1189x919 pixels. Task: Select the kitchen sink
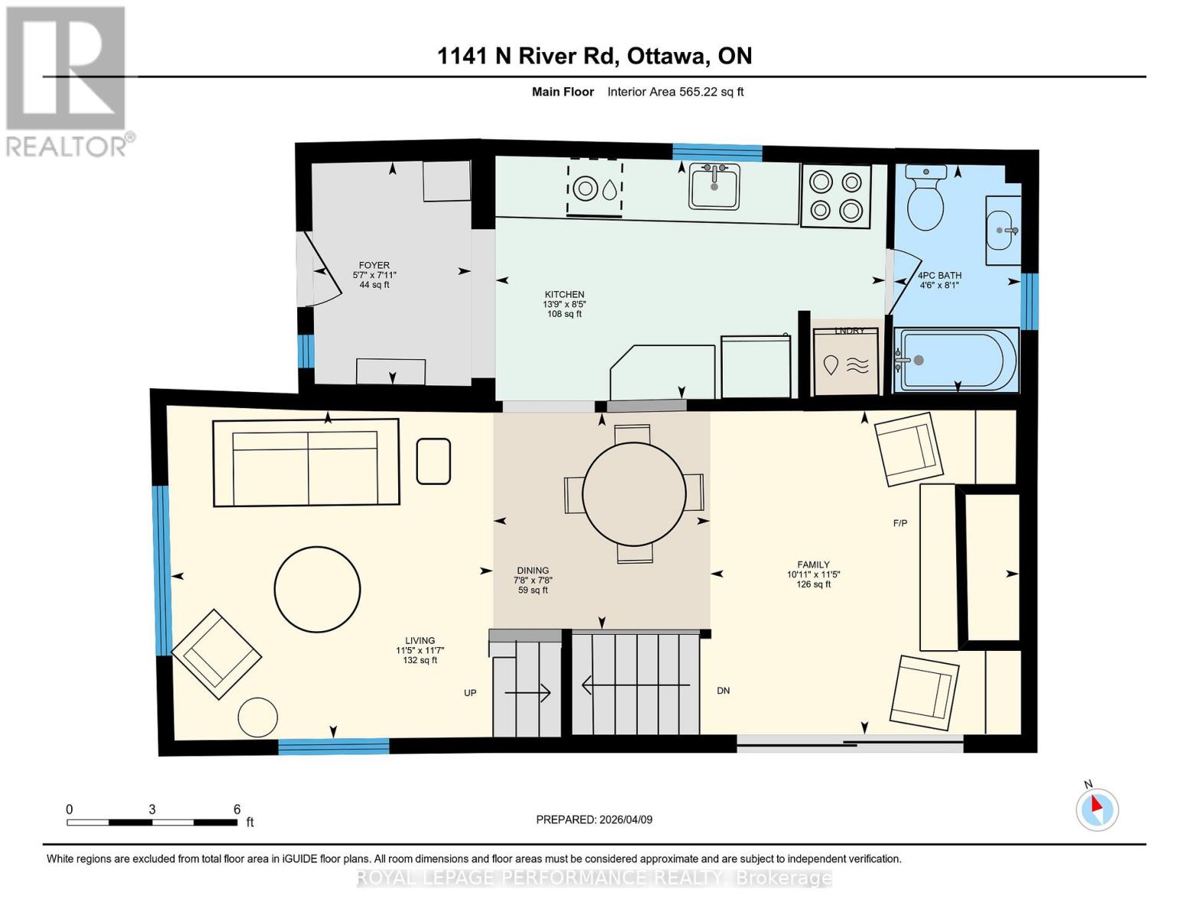[x=714, y=186]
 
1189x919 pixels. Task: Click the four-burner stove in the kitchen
[x=835, y=196]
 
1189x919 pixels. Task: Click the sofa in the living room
[x=306, y=463]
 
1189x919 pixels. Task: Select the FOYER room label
[x=374, y=266]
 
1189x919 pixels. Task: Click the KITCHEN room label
[x=564, y=295]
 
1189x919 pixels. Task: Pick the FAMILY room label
[x=813, y=564]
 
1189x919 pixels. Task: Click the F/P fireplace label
[x=900, y=524]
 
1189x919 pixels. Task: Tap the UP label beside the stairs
[x=470, y=693]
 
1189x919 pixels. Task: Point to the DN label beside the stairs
[x=723, y=691]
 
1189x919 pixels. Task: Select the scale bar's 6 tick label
[x=237, y=809]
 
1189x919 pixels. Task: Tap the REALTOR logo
[x=67, y=80]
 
